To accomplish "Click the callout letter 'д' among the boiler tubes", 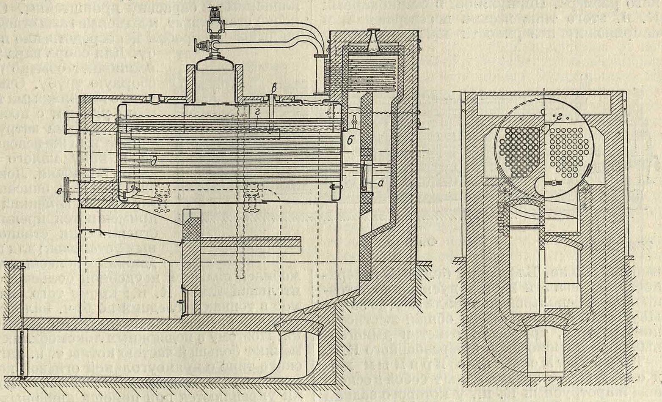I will pyautogui.click(x=151, y=161).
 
